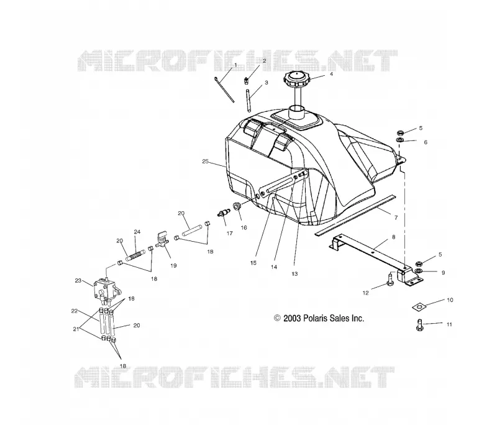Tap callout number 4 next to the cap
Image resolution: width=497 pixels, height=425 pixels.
[x=331, y=74]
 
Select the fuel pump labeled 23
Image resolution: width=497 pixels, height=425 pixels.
[x=106, y=288]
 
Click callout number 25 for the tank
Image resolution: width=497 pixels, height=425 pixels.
[x=205, y=162]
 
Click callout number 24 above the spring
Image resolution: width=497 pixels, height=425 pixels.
[x=137, y=232]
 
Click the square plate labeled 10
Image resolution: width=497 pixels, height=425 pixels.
[x=419, y=307]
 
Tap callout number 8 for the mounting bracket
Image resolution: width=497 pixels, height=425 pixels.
[x=394, y=237]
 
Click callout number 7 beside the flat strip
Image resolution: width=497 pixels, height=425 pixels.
[x=396, y=217]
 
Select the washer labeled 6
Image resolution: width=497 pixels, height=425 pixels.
[x=400, y=139]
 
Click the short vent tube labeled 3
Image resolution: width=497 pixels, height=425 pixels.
[x=249, y=101]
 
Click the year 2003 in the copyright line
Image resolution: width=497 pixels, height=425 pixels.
[x=292, y=318]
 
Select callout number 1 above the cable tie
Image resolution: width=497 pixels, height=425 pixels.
[x=235, y=65]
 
